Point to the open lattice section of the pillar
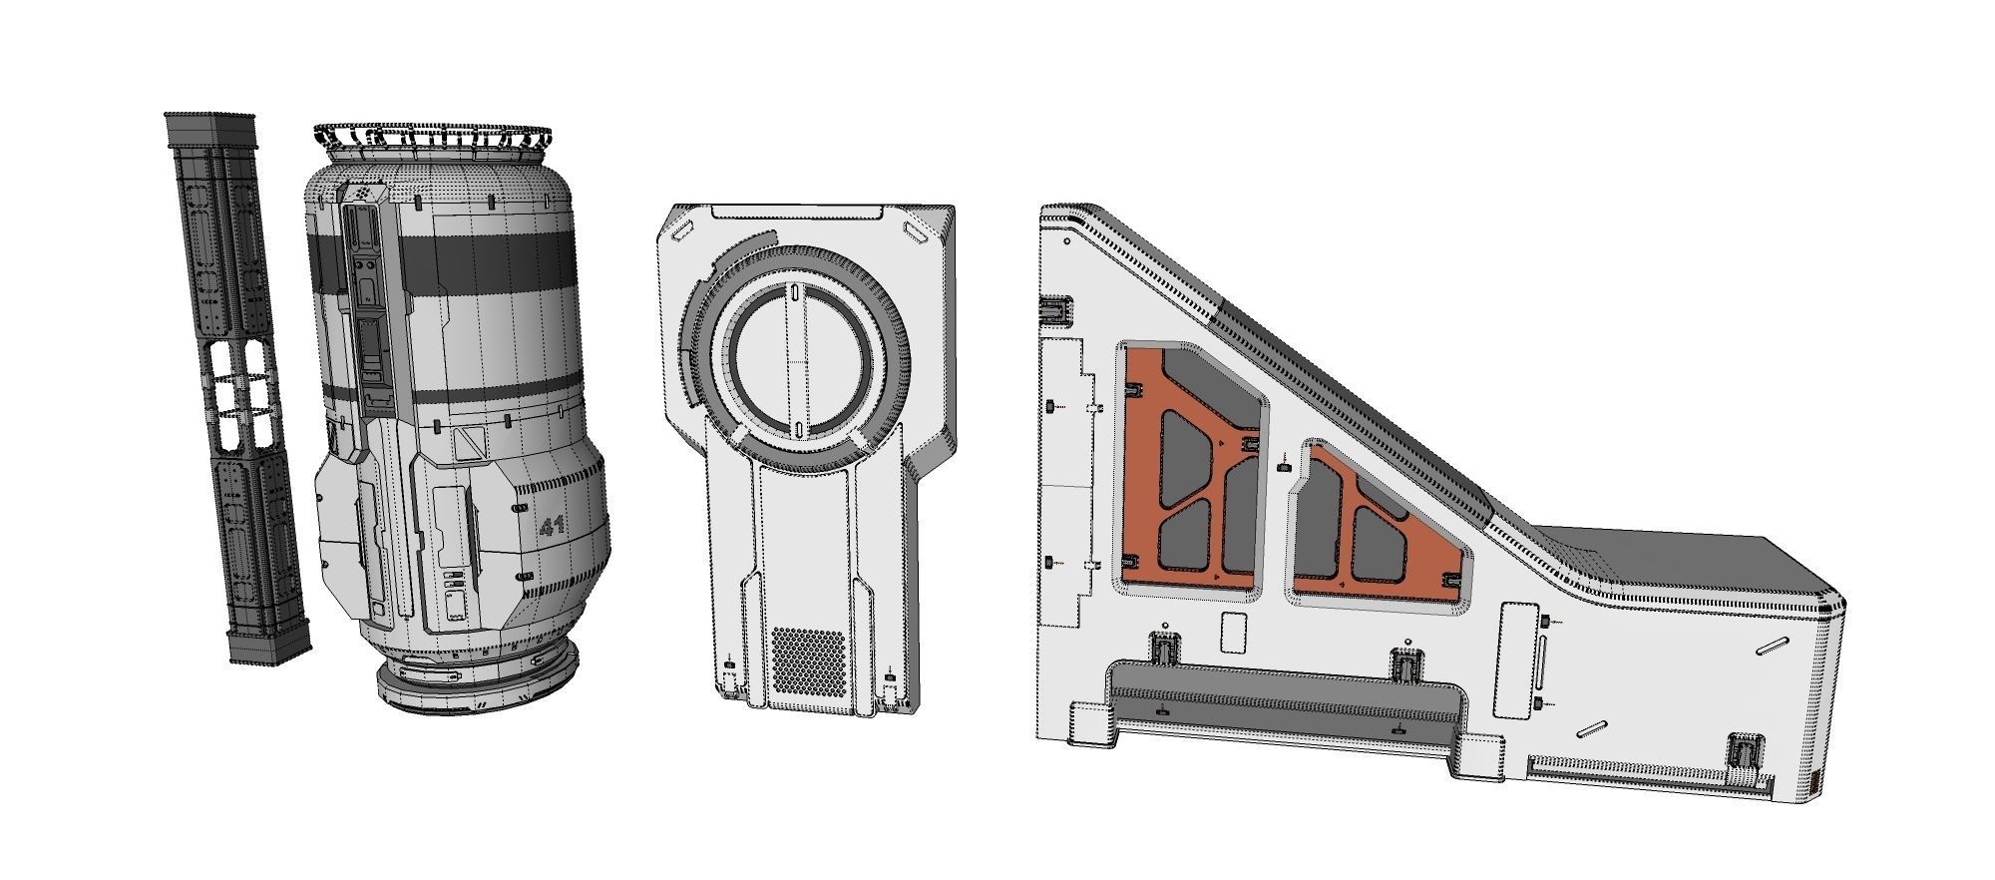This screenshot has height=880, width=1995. pos(241,396)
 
